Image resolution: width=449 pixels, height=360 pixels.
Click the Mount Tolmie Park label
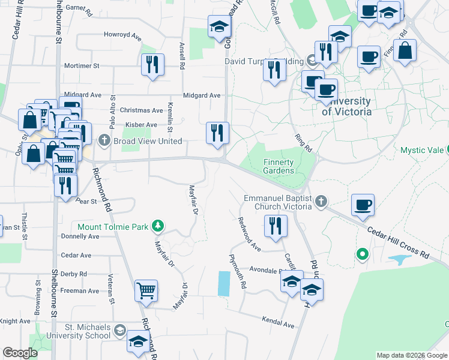[114, 227]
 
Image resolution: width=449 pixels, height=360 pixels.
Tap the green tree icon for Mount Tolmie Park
[158, 226]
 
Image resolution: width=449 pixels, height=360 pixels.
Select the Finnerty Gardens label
[279, 166]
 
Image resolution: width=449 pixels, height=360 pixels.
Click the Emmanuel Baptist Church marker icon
[321, 202]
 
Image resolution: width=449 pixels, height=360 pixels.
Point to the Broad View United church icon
[104, 141]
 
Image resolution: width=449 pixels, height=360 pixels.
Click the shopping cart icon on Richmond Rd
[146, 291]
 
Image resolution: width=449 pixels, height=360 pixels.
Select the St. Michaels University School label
[88, 331]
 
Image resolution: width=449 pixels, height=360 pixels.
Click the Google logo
[20, 353]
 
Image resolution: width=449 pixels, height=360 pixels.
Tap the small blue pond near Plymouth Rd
[223, 283]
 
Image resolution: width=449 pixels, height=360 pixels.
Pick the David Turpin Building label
[264, 61]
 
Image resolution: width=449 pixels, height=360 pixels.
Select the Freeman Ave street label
[80, 291]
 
